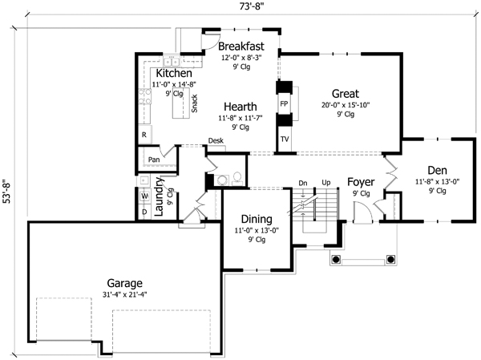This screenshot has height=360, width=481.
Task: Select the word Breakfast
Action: (241, 46)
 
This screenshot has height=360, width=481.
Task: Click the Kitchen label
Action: (173, 74)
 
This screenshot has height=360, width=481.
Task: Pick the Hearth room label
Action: (240, 106)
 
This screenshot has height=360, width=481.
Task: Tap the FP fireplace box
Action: (284, 104)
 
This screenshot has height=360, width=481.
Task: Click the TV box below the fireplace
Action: (285, 140)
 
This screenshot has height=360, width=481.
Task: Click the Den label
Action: (437, 170)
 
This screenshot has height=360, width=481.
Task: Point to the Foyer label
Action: (362, 181)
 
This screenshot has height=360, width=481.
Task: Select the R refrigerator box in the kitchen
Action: (143, 135)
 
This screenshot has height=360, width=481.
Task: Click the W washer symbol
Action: (144, 196)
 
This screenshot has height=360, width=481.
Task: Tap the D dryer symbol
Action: (144, 212)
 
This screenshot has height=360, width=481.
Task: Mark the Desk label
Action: (216, 141)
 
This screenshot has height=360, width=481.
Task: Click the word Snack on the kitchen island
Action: (195, 103)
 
